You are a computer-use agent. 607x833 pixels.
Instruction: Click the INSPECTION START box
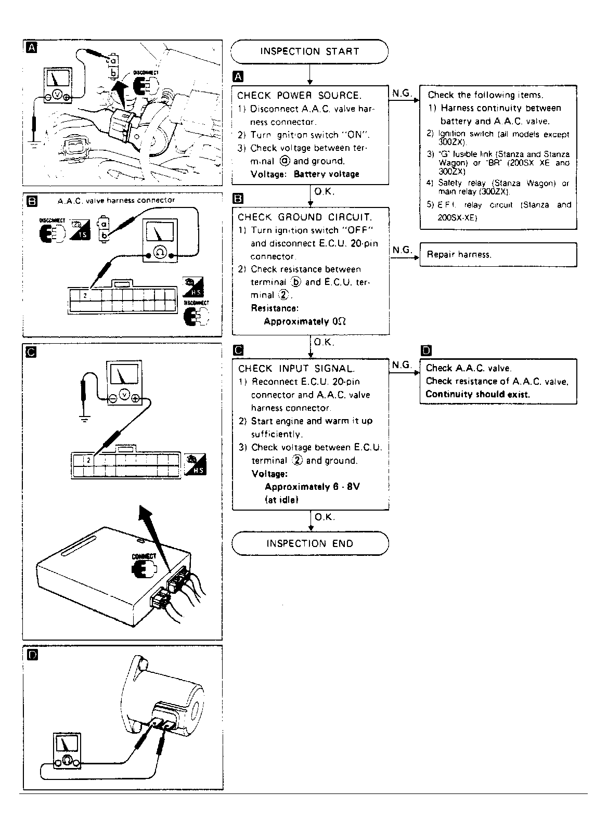tap(309, 51)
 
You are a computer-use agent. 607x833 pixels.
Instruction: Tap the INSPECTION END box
tap(309, 543)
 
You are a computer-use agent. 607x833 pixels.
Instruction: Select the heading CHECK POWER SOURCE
tap(299, 95)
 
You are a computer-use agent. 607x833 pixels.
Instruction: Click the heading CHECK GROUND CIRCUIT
tap(305, 217)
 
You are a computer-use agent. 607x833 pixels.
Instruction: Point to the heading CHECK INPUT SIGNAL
tap(296, 369)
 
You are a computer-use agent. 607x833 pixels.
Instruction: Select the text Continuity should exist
tap(477, 394)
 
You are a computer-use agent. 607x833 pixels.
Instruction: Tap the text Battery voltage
tap(326, 174)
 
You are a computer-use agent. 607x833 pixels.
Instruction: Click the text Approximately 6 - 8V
tap(312, 487)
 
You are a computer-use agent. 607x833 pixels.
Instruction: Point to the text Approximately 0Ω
tap(305, 321)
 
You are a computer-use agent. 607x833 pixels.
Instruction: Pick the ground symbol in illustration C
tap(83, 419)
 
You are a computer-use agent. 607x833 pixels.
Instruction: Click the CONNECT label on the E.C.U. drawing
tap(144, 556)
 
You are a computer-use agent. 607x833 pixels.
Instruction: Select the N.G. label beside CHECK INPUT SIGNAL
tap(401, 365)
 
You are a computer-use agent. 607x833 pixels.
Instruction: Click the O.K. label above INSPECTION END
tap(325, 517)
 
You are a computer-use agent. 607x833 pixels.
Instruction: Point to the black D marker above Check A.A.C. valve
tap(425, 350)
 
